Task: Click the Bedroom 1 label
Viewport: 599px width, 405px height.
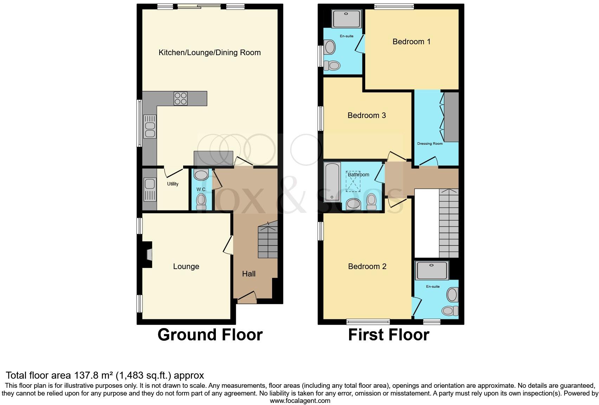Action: click(411, 42)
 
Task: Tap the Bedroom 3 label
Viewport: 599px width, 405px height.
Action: click(367, 116)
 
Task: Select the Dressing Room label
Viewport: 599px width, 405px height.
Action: click(430, 143)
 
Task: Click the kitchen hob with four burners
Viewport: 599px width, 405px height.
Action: click(180, 98)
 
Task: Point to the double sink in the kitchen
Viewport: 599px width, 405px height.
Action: click(150, 127)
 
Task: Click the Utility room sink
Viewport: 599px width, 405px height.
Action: click(150, 190)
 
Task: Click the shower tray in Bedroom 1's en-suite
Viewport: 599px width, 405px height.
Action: click(346, 19)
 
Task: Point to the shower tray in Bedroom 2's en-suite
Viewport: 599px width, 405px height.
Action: click(432, 270)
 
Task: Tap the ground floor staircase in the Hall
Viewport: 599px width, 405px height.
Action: click(268, 239)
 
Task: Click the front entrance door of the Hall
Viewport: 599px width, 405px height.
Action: click(247, 297)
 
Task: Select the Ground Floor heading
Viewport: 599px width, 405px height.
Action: click(210, 334)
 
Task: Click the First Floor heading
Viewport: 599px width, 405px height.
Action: click(388, 334)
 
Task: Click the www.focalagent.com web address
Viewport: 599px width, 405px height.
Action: click(300, 401)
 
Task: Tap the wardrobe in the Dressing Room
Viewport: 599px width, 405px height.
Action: click(451, 117)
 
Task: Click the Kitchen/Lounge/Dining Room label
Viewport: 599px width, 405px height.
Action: click(210, 53)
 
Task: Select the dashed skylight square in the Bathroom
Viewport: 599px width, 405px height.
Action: click(353, 181)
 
